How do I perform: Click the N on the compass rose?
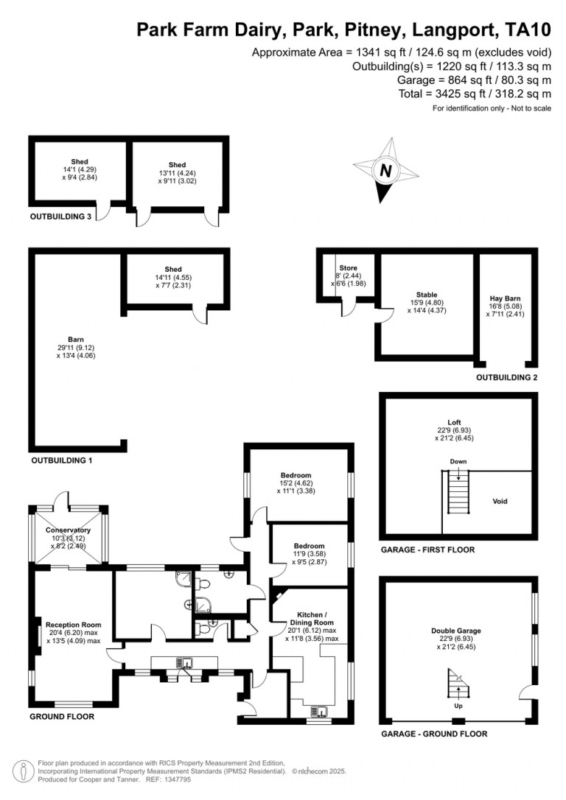tap(386, 170)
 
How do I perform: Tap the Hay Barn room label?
tap(506, 298)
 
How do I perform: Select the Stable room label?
tap(427, 295)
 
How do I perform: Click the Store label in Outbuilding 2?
tap(349, 268)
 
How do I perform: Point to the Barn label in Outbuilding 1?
tap(76, 340)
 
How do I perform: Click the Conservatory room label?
tap(68, 530)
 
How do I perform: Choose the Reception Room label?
tap(74, 625)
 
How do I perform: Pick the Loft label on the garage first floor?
tap(454, 422)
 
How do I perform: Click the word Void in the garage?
tap(500, 501)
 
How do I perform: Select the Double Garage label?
tap(456, 631)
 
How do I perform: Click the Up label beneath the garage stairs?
tap(458, 706)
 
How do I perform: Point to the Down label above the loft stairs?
tap(458, 461)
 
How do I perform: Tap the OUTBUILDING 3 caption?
tap(60, 217)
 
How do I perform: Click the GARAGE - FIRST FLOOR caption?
tap(427, 550)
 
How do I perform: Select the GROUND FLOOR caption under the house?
tap(62, 716)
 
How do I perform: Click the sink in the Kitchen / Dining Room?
tap(320, 711)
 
